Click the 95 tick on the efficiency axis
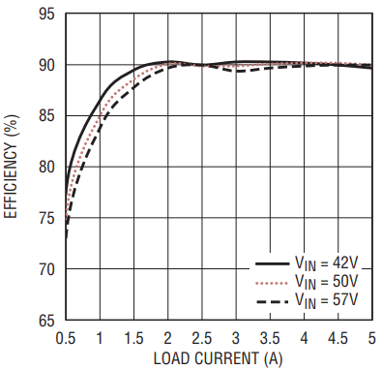(x=46, y=14)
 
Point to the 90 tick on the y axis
(x=46, y=65)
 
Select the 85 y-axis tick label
(x=46, y=116)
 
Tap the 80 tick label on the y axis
(x=46, y=167)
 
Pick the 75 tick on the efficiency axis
(x=46, y=218)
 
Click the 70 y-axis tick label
(x=46, y=269)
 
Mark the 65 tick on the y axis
(x=46, y=321)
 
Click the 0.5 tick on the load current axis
(x=66, y=338)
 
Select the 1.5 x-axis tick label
(x=133, y=338)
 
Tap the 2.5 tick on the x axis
(x=202, y=338)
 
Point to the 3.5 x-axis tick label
(x=270, y=338)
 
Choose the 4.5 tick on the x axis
(x=338, y=338)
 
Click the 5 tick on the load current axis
(x=372, y=338)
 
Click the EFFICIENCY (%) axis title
(x=11, y=167)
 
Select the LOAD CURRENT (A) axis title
(x=218, y=359)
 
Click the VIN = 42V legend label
(x=327, y=263)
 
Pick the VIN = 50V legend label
(x=327, y=282)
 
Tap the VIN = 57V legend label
(x=327, y=301)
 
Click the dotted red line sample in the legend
(x=272, y=284)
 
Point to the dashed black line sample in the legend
(x=272, y=302)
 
